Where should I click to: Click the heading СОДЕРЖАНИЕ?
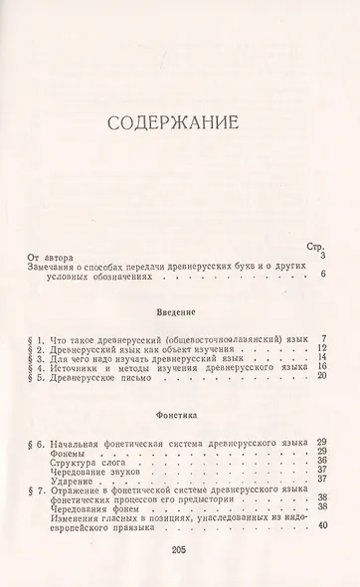(180, 125)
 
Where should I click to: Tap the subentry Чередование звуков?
(98, 470)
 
